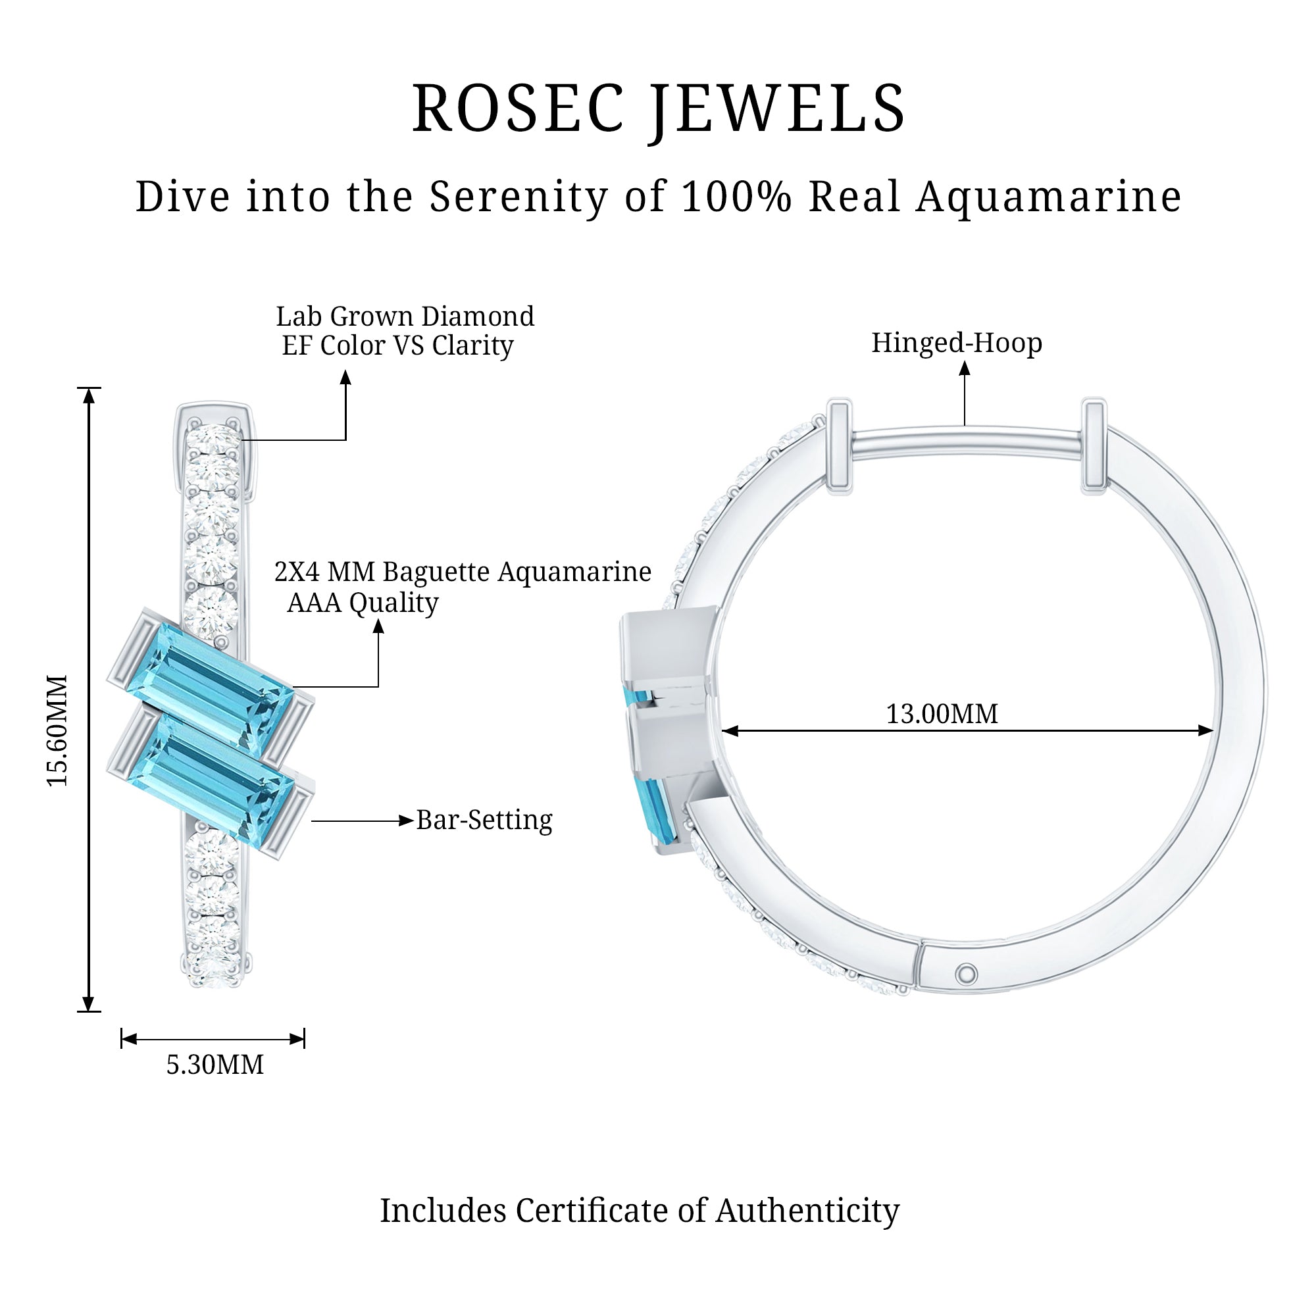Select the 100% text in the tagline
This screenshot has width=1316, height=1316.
pos(736,197)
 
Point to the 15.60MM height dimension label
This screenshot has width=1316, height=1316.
pos(58,730)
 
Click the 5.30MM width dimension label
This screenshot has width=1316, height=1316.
pos(215,1065)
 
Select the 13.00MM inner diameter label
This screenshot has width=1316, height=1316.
pos(942,714)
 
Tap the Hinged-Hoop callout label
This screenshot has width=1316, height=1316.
pos(956,343)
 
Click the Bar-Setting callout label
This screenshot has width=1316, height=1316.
pos(484,820)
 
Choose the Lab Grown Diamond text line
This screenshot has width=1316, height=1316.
pos(405,316)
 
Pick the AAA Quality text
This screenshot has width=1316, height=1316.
pos(363,603)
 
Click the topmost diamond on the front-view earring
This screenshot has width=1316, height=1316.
pos(214,438)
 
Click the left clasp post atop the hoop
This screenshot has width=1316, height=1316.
pos(839,446)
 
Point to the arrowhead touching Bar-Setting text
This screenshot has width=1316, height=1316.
pos(407,821)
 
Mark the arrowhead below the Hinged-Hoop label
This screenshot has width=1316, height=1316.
pos(965,369)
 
